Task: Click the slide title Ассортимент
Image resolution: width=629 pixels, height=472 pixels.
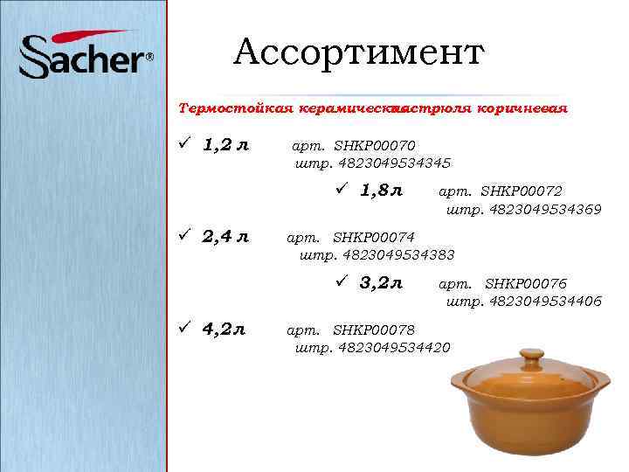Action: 358,53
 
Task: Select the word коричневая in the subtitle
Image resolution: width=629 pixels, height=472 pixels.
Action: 523,109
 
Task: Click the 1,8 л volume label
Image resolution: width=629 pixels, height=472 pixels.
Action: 381,191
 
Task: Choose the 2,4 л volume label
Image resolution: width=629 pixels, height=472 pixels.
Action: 225,237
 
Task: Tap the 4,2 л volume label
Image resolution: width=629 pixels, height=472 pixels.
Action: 224,330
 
